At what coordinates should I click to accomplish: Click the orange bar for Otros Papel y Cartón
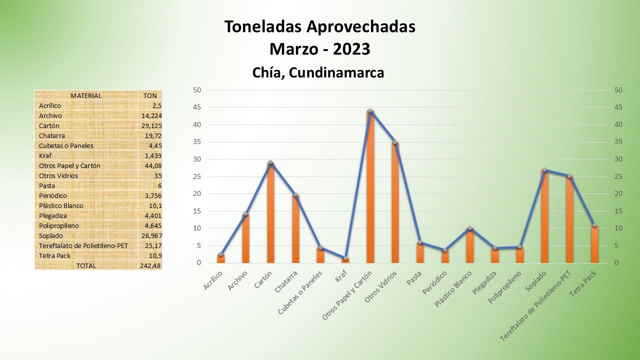(x=370, y=190)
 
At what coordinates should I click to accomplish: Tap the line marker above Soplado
(x=544, y=170)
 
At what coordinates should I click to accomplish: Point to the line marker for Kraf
(x=345, y=258)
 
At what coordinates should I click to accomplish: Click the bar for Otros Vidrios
(x=395, y=205)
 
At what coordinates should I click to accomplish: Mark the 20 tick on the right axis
(x=618, y=194)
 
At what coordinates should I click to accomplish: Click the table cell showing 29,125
(x=151, y=125)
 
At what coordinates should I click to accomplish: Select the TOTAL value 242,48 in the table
(x=150, y=265)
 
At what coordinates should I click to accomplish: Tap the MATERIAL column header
(x=86, y=95)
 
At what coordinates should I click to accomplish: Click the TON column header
(x=150, y=95)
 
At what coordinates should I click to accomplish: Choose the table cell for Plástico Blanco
(x=61, y=205)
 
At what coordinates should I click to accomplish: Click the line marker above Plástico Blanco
(x=470, y=228)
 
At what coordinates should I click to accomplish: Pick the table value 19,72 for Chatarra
(x=153, y=135)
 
